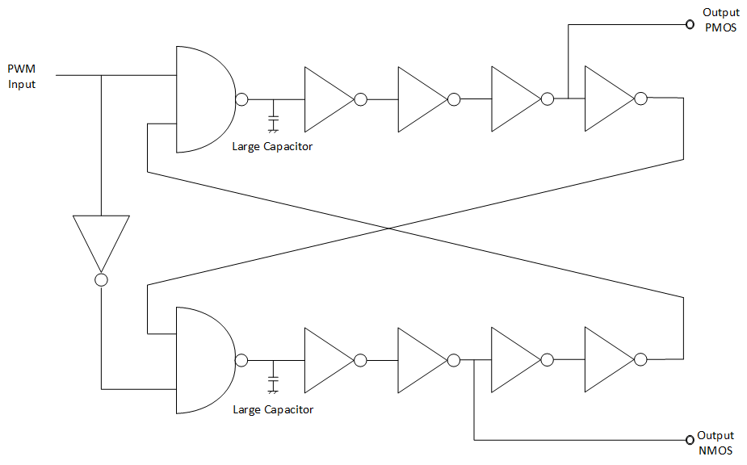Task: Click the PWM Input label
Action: click(22, 76)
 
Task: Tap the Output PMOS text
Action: click(720, 19)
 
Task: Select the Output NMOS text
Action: click(716, 442)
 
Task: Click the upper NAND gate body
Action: click(202, 99)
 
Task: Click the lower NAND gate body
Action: click(202, 360)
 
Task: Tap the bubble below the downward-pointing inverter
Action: click(101, 280)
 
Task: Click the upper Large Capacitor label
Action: click(272, 147)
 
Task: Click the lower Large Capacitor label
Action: click(273, 409)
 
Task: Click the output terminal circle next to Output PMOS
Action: click(690, 24)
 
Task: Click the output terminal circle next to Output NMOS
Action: click(690, 440)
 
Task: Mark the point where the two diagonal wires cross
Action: click(388, 228)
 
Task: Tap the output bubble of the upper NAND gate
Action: click(241, 99)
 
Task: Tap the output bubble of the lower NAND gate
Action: click(241, 360)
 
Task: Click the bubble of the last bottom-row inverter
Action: click(640, 360)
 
